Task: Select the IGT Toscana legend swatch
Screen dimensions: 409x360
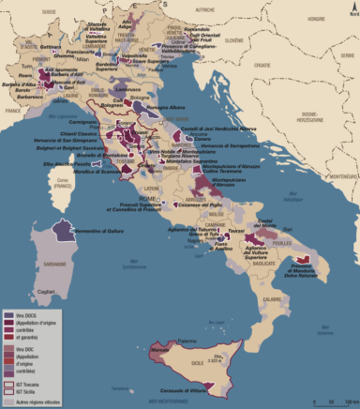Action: point(9,384)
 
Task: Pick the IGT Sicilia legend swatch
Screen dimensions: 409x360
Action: point(9,391)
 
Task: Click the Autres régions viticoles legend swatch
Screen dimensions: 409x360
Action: point(9,401)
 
